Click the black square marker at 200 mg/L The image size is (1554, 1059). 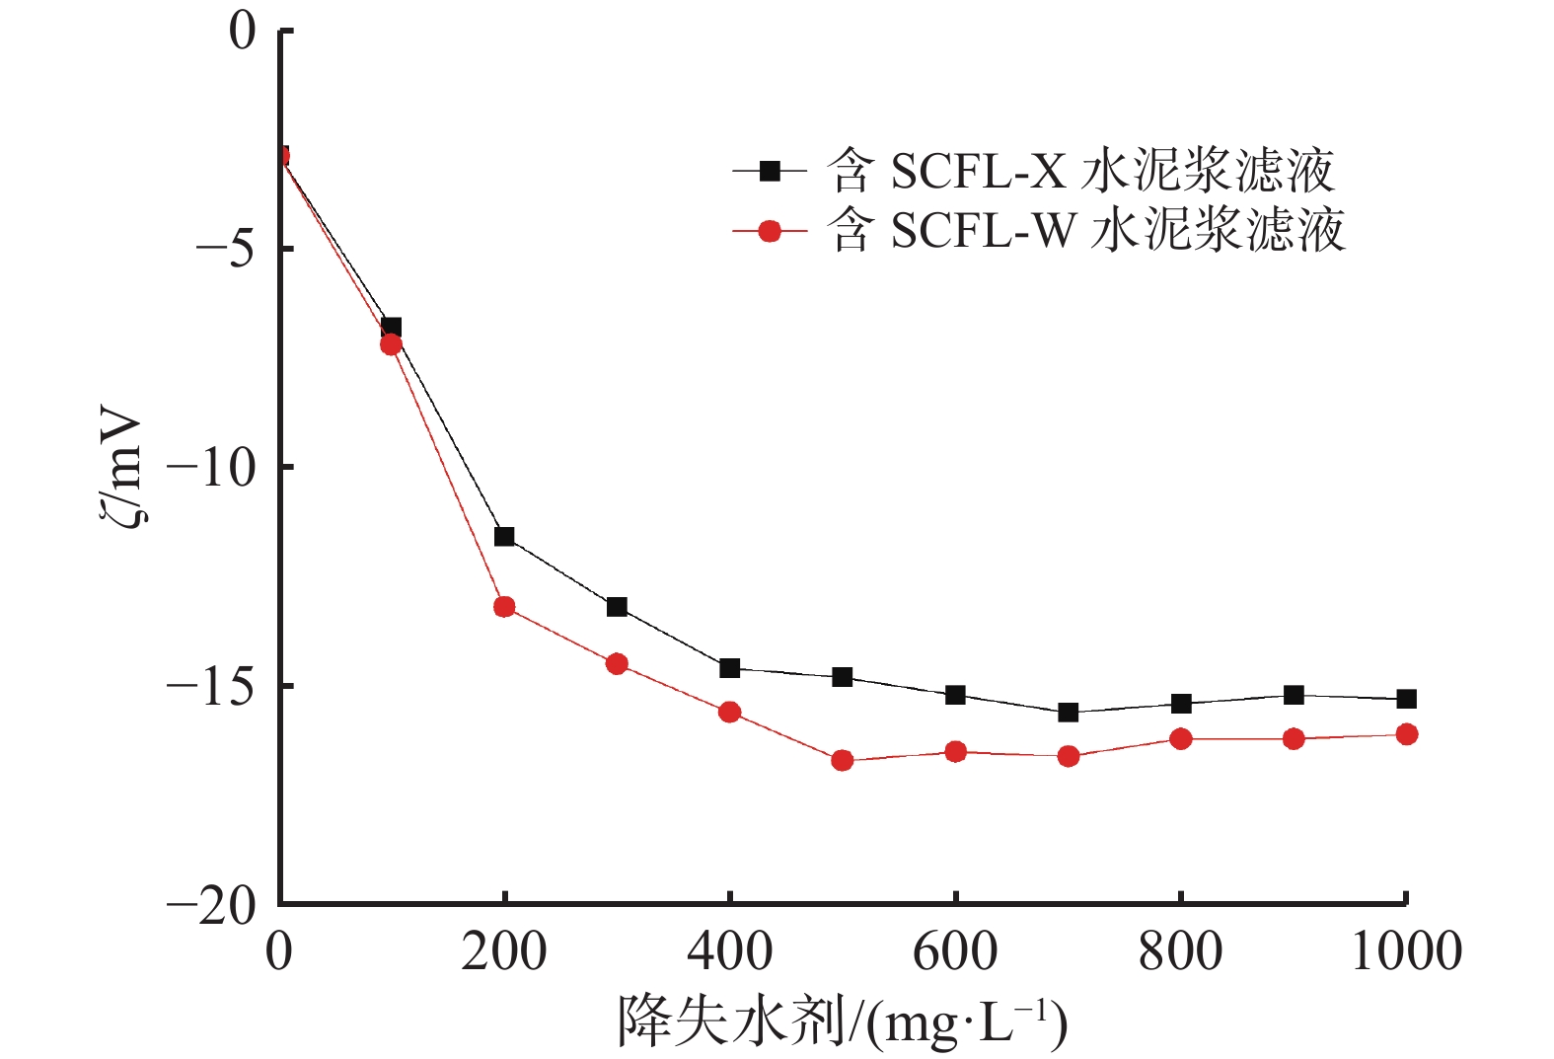click(x=504, y=537)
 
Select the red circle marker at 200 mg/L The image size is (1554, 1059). click(x=504, y=607)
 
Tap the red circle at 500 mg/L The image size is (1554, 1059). click(x=842, y=760)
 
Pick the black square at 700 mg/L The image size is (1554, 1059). click(x=1068, y=713)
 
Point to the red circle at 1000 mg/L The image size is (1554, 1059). click(x=1406, y=734)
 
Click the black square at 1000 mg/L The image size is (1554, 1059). click(x=1406, y=699)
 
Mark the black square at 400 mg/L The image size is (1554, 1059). click(x=729, y=668)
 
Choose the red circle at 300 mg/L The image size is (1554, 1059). click(x=617, y=663)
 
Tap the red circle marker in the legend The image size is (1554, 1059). click(x=770, y=232)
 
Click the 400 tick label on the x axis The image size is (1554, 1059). click(x=729, y=951)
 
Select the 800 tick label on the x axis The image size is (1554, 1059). click(x=1180, y=951)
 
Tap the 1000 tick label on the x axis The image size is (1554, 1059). click(x=1405, y=951)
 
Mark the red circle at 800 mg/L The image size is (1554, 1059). click(x=1180, y=738)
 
